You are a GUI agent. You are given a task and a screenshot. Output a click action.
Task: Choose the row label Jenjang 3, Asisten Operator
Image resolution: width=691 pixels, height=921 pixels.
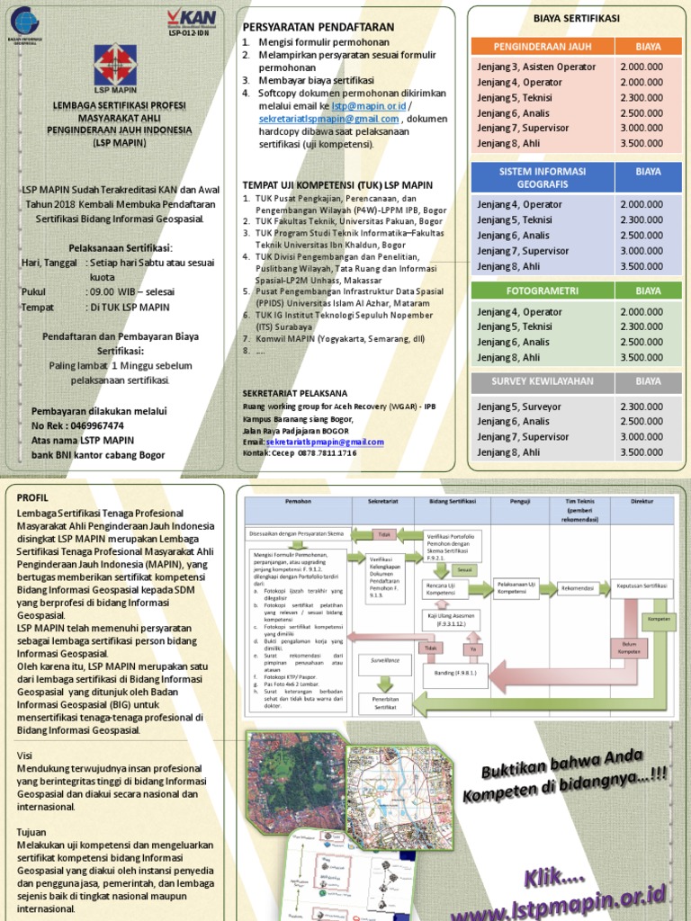coord(526,67)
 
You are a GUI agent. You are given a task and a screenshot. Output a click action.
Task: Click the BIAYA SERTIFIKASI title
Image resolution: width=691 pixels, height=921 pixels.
coord(576,17)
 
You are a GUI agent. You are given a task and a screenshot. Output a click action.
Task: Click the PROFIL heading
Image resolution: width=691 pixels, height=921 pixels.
coord(31,497)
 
